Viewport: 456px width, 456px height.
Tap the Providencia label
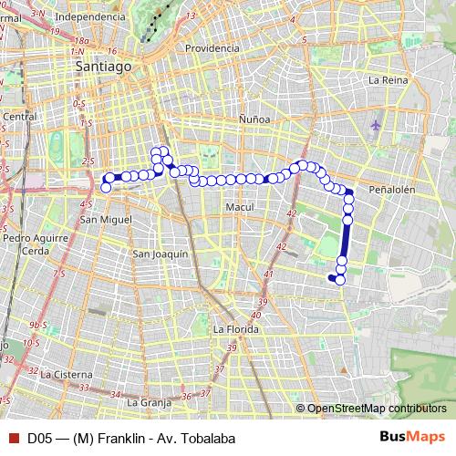(212, 48)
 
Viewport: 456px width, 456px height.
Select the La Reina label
(387, 80)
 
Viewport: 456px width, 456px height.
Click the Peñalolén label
(392, 190)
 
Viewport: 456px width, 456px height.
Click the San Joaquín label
(160, 254)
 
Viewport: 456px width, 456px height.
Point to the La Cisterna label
(66, 373)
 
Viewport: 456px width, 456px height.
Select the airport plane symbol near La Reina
(378, 122)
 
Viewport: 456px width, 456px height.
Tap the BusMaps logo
(412, 438)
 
